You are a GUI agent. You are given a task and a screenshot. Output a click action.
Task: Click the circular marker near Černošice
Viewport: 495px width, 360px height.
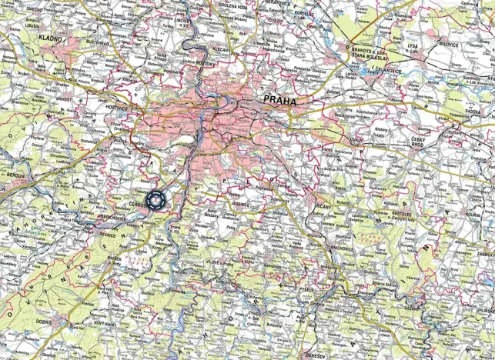pyautogui.click(x=157, y=201)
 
